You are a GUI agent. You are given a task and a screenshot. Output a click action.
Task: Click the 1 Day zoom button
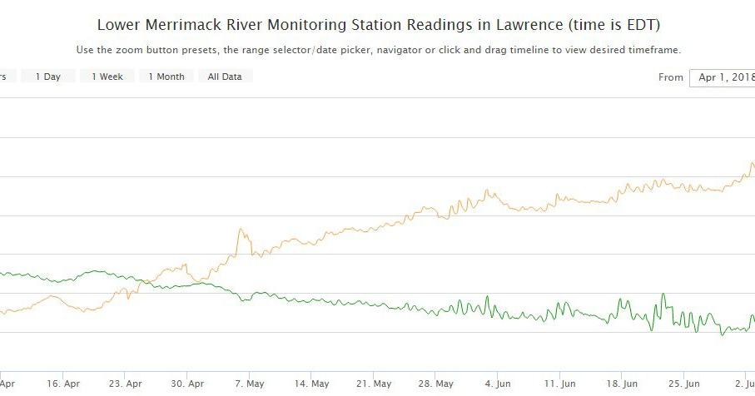point(47,77)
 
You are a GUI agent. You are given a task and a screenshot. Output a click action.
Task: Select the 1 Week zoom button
point(107,77)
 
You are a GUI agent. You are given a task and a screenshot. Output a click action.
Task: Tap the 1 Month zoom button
point(166,77)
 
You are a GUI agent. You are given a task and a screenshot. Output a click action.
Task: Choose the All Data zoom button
point(225,77)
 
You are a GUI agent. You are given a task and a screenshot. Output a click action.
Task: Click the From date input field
point(722,77)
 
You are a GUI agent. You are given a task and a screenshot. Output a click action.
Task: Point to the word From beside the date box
point(670,77)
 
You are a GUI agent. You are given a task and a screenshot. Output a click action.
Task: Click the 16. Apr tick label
point(64,384)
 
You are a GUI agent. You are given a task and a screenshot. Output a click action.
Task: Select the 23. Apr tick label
point(126,384)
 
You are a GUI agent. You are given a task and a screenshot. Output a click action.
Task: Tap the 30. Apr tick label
point(187,384)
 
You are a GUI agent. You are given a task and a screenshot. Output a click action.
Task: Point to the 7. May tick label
point(250,384)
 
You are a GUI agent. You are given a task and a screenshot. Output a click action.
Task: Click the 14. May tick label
point(311,384)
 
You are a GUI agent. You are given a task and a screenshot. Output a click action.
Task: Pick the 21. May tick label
point(374,384)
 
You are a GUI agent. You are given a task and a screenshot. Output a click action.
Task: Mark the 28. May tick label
point(436,384)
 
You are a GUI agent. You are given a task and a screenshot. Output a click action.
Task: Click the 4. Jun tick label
point(498,384)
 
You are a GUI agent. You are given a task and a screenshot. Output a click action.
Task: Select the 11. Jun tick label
point(560,384)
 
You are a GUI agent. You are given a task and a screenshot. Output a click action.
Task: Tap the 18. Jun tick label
point(622,384)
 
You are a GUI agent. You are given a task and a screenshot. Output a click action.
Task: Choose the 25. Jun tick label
point(684,384)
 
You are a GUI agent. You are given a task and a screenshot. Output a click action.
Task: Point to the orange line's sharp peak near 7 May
point(241,229)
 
